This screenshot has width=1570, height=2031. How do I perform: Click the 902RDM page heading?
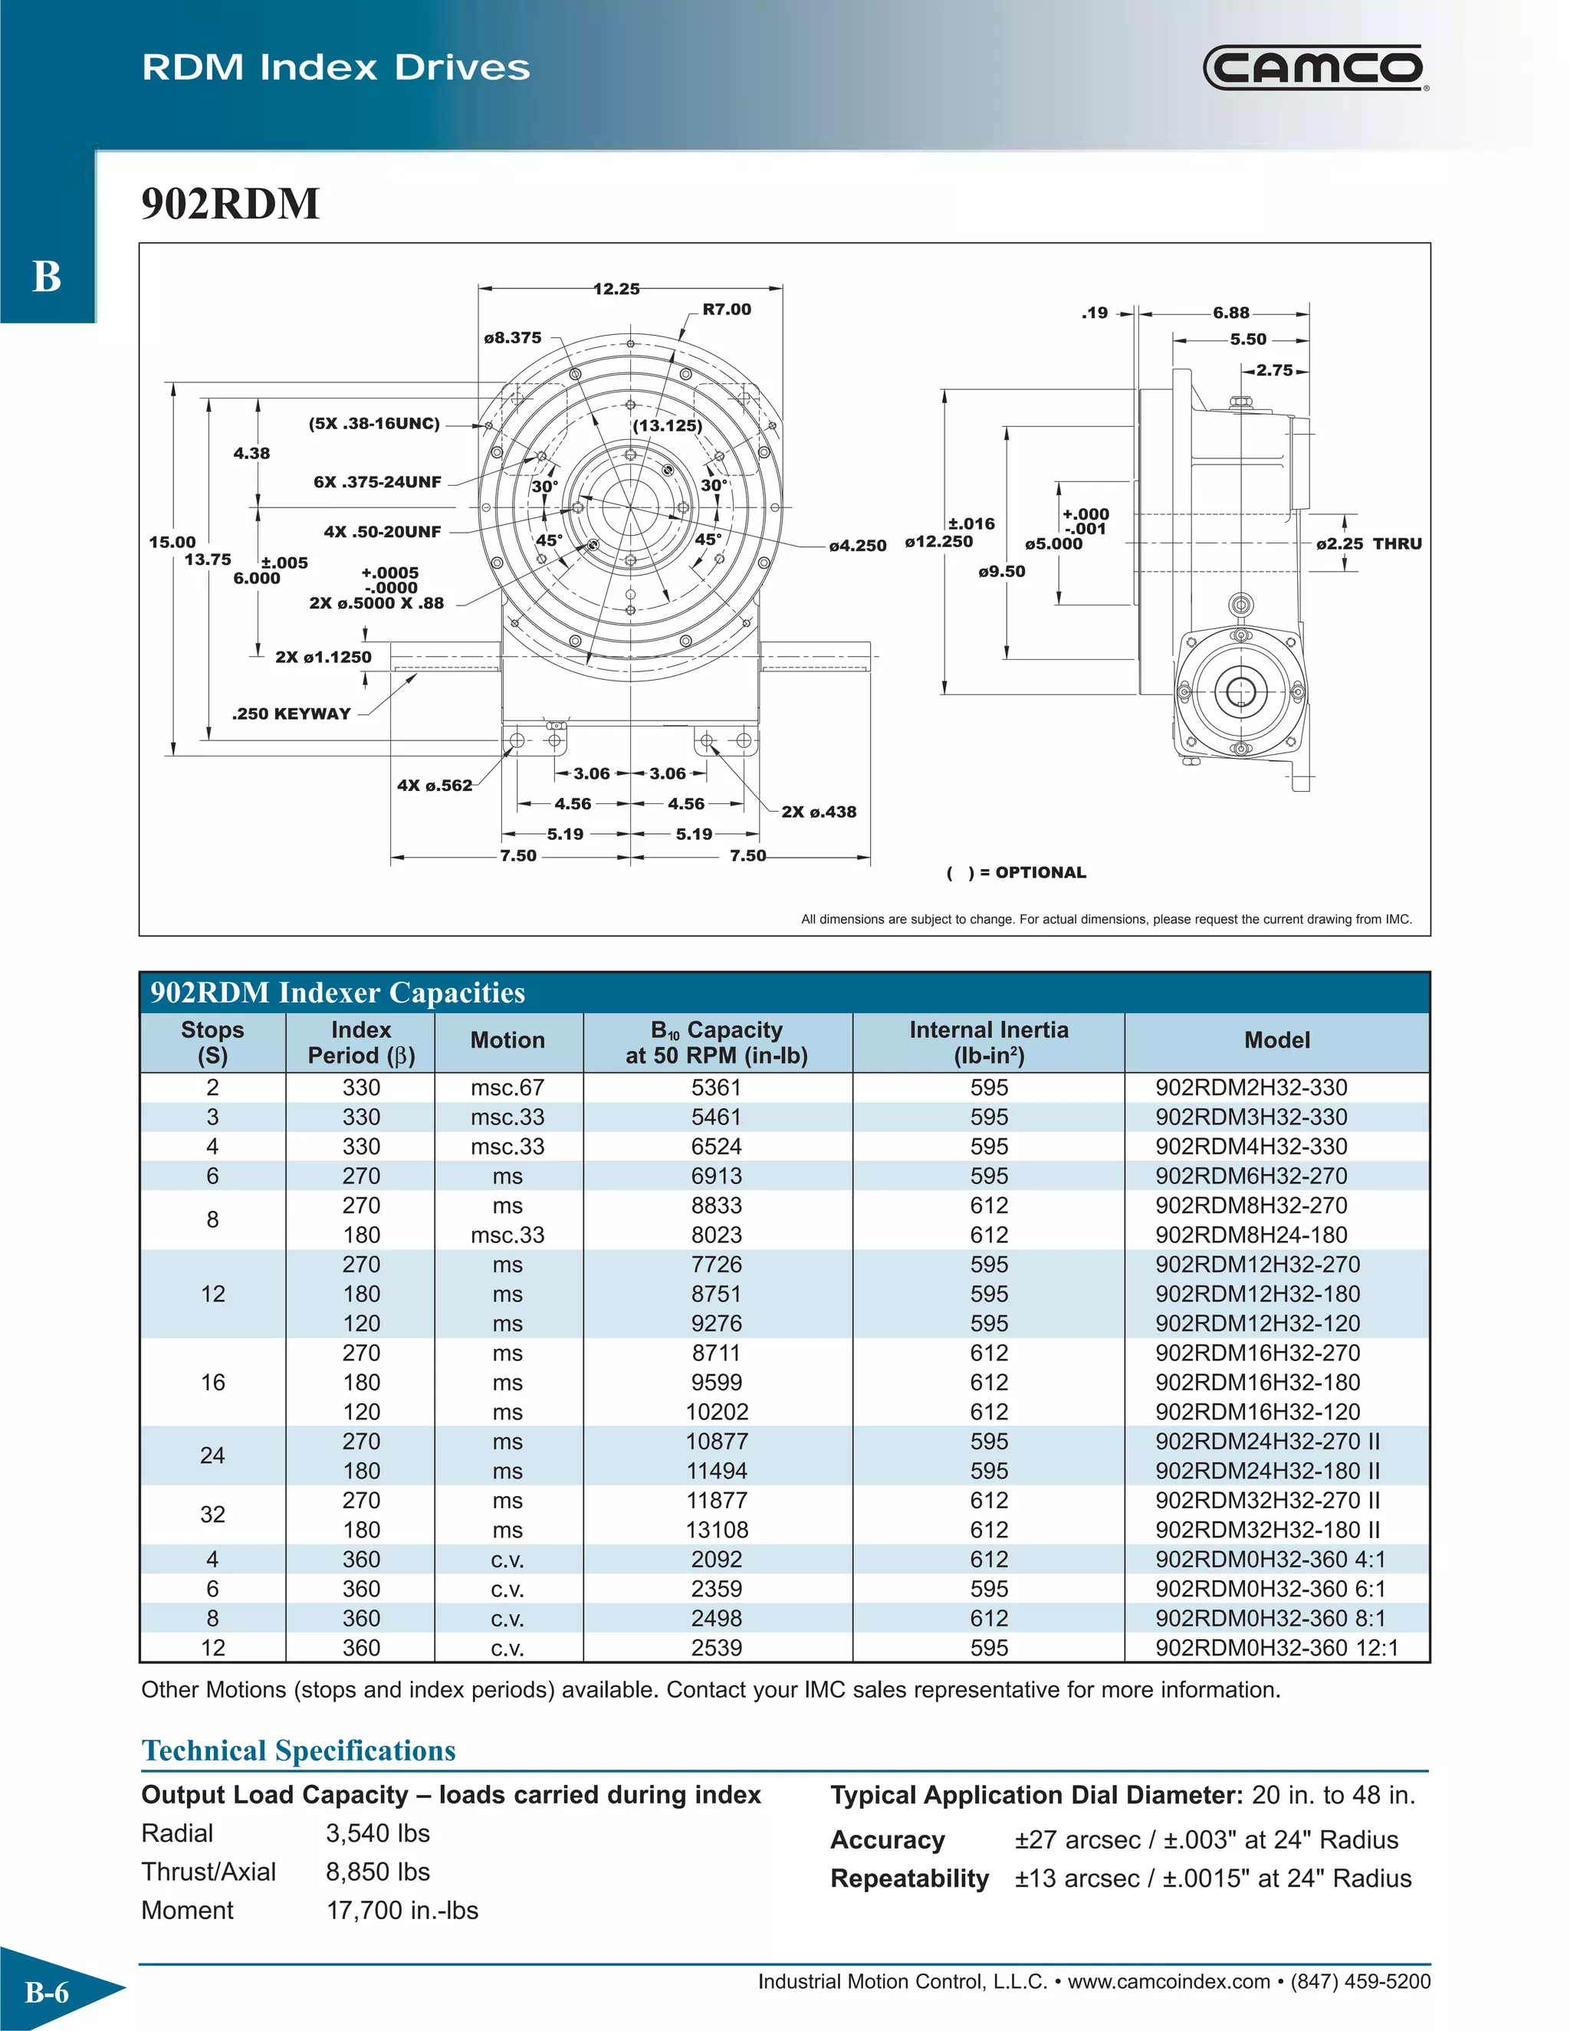point(230,204)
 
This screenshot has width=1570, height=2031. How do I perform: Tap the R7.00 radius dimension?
point(727,310)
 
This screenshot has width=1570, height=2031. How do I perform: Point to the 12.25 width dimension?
point(616,289)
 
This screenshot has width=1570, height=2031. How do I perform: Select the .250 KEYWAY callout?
point(291,714)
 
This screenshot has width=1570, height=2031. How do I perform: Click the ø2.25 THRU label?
point(1368,544)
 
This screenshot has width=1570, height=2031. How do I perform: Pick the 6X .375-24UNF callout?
point(376,482)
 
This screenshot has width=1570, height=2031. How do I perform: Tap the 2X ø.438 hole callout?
point(819,812)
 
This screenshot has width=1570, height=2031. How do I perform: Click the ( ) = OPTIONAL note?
point(1016,872)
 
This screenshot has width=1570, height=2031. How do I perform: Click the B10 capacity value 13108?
point(716,1530)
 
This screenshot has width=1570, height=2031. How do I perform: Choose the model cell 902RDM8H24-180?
point(1251,1235)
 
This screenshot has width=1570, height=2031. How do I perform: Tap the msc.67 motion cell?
point(507,1087)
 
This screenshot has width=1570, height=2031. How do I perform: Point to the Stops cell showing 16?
point(212,1383)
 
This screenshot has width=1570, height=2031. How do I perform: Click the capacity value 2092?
point(716,1560)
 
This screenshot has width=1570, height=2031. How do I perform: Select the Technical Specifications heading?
point(298,1751)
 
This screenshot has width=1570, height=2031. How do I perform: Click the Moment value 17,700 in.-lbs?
point(402,1911)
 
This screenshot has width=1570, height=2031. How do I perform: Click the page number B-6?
point(47,1992)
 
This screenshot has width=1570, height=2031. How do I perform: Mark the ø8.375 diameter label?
point(513,337)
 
